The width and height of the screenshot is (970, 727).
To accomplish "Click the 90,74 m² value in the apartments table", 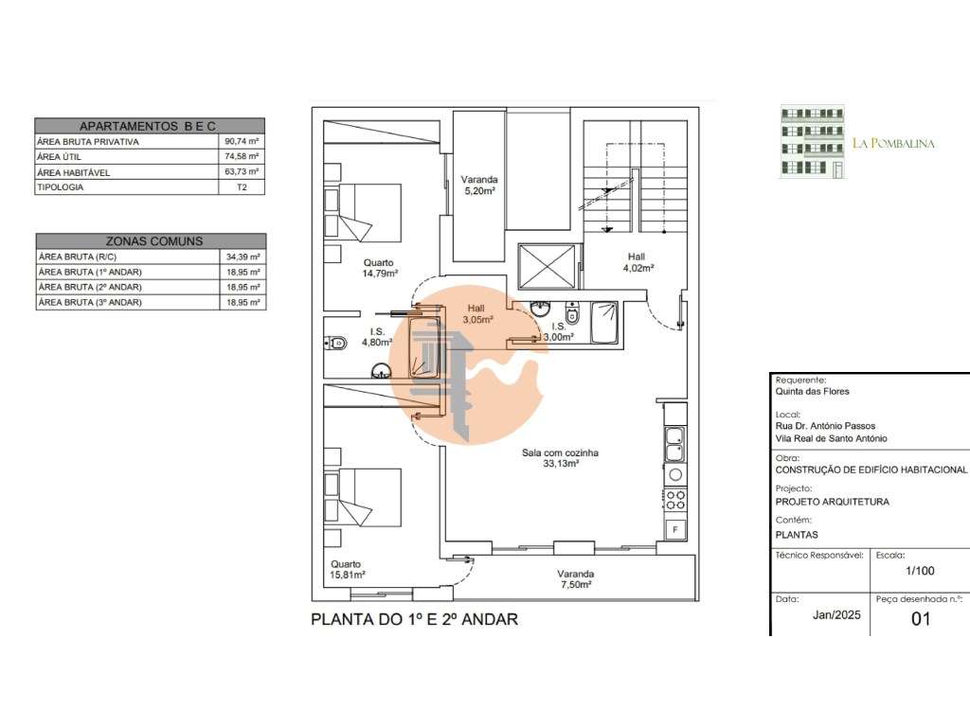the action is coord(242,141).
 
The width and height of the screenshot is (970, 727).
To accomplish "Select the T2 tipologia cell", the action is coord(242,186).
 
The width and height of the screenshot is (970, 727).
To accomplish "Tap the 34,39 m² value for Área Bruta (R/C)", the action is coord(243,257).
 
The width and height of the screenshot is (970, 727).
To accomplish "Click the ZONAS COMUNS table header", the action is coord(151,241).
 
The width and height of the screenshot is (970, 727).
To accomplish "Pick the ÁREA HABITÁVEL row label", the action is coord(74,172).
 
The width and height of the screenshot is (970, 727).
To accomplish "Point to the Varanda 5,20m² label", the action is coord(479,186).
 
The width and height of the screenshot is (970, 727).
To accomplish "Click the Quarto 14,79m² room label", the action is coord(380,268).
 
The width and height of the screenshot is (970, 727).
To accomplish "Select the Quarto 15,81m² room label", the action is coord(347,569).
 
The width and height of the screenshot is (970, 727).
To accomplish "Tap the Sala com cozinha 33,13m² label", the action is coord(560,457).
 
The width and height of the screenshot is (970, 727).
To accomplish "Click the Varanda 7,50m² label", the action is coord(575,579).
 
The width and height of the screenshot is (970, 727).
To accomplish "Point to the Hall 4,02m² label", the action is coord(638,262).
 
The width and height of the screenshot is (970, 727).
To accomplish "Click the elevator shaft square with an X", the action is coord(547,266).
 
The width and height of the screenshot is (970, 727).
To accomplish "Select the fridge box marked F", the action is coord(675,530).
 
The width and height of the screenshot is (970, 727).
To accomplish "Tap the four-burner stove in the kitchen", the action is coord(675,500).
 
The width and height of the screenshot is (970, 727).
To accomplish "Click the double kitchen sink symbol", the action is coord(674,444).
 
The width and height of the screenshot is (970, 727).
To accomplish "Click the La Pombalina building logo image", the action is coord(812,142).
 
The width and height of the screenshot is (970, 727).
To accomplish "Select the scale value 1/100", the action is coord(920,571).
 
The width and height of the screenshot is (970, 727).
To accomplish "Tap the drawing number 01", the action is coord(921,619).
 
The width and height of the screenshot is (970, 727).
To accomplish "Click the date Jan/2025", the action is coord(836,615).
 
